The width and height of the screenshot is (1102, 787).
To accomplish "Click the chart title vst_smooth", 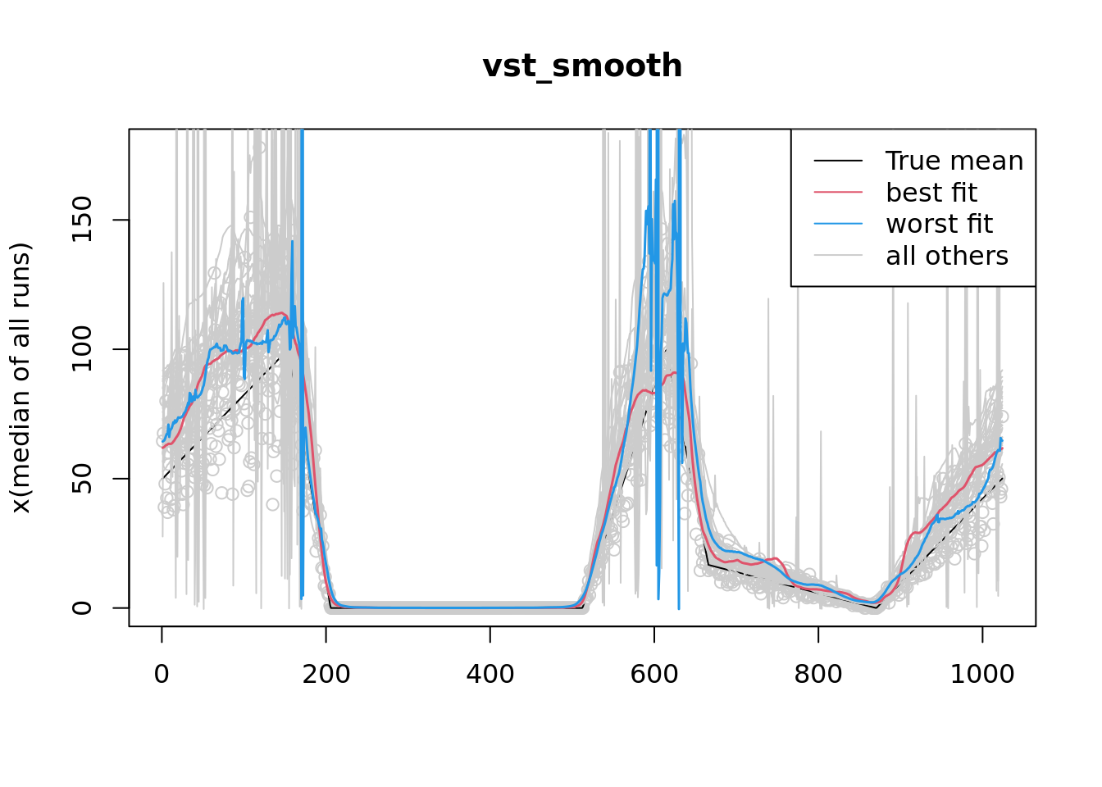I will pos(582,66).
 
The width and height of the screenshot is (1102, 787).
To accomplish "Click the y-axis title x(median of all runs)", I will pos(20,378).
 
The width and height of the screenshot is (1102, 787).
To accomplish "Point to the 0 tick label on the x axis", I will pos(162,674).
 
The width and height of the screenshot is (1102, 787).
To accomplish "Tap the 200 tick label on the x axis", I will pos(326,674).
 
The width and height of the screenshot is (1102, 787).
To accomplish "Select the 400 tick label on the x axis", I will pos(490,674).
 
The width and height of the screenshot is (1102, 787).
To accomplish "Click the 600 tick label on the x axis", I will pos(654,674).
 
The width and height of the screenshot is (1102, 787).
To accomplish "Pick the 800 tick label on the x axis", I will pos(818,674).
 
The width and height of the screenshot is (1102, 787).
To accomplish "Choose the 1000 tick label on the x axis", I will pos(982,674).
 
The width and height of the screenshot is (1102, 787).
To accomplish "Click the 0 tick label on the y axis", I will pos(82,607).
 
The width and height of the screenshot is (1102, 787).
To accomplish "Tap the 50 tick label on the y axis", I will pos(82,479).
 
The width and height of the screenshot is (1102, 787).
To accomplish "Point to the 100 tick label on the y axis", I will pos(82,349).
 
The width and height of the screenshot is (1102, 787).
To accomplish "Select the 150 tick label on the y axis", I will pos(82,221).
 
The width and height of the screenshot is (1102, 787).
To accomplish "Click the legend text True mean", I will pos(954,161).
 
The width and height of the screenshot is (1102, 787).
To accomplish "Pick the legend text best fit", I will pos(931,193).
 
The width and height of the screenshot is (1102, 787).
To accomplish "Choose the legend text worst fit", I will pos(940,224).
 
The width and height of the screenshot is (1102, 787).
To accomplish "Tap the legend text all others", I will pos(947,256).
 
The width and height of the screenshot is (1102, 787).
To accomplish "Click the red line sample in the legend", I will pos(838,193).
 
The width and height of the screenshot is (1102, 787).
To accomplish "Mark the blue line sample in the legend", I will pos(838,224).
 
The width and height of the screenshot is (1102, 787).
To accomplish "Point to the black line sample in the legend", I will pos(838,161).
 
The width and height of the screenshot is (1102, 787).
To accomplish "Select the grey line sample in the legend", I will pos(838,256).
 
